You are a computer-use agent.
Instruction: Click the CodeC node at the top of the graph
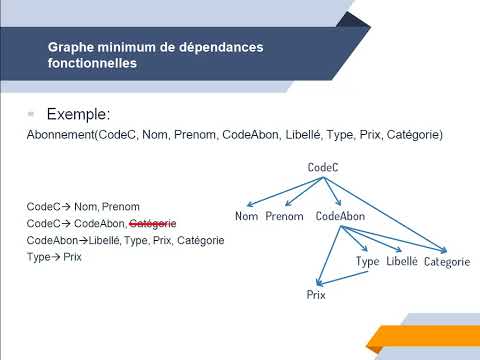coord(323,168)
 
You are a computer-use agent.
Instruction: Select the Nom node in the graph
coord(246,216)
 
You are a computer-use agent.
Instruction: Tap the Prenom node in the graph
coord(284,216)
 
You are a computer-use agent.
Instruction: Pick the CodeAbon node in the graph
coord(338,216)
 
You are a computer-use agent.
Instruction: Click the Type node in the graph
coord(368,261)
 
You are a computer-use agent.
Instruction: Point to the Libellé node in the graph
coord(401,261)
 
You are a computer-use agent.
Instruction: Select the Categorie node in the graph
coord(446,262)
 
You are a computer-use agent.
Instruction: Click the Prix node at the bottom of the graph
coord(317,296)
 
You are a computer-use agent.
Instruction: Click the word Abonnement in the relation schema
coord(59,134)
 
